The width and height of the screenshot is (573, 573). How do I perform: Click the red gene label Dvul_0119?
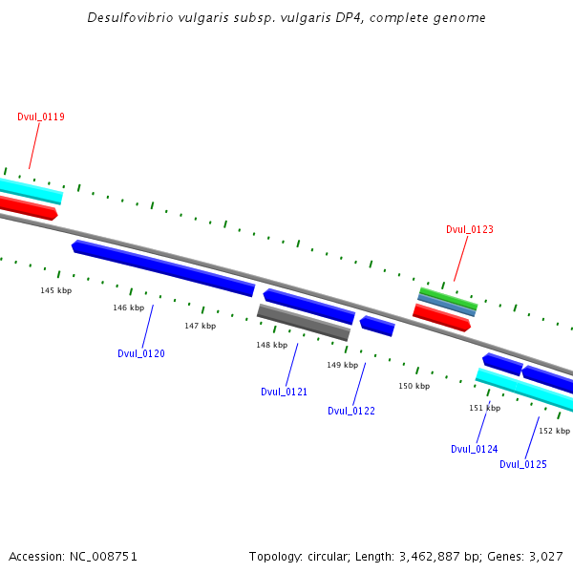[41, 117]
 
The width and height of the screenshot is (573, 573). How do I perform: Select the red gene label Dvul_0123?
[470, 229]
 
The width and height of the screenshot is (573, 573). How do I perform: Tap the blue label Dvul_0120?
[141, 353]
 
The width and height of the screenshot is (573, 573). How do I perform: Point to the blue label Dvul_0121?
[284, 392]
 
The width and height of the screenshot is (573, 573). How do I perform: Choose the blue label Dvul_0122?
[350, 411]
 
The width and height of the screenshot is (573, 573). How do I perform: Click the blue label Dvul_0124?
[474, 449]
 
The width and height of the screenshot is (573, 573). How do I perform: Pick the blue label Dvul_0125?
[523, 464]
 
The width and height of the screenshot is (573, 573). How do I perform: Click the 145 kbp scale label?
[55, 290]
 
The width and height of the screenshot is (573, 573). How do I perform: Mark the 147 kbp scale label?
[201, 326]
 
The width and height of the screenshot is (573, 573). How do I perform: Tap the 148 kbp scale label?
[271, 345]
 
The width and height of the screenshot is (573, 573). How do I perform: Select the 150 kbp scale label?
[414, 386]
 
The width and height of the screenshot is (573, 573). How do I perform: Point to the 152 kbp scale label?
[554, 431]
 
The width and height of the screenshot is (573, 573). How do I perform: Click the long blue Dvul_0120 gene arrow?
[162, 267]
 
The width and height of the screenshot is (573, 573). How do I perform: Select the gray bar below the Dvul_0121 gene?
[303, 322]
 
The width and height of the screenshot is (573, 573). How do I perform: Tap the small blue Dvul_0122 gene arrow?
[377, 326]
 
